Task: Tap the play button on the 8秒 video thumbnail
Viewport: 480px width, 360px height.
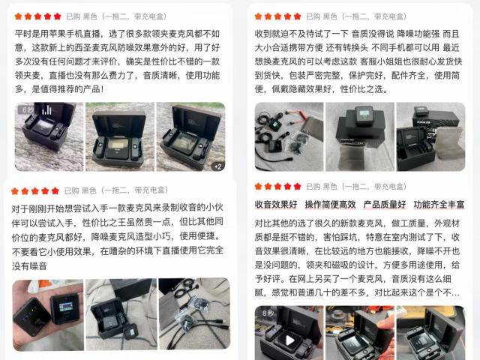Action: tap(289, 340)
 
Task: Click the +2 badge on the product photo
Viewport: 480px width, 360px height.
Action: tap(217, 166)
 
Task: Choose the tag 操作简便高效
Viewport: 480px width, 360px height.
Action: tap(329, 204)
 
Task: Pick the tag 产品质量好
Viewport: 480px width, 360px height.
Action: tap(384, 204)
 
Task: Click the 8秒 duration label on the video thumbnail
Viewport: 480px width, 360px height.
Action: tap(268, 313)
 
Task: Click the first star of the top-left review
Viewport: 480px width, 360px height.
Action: tap(19, 16)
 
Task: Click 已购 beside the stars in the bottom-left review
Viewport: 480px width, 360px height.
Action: tap(72, 190)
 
